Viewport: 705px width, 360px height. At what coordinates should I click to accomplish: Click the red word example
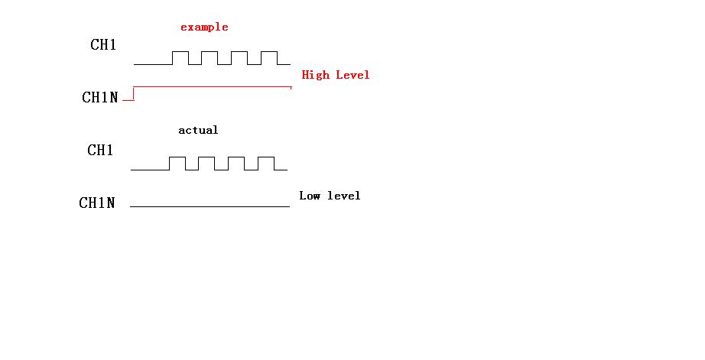(204, 28)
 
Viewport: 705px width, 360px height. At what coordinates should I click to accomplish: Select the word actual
(198, 131)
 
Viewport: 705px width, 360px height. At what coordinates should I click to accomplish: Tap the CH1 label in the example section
(103, 44)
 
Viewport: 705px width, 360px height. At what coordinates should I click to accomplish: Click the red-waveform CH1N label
(100, 97)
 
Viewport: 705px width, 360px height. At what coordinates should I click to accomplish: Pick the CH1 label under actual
(100, 150)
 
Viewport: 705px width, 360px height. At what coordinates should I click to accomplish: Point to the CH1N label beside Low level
(96, 203)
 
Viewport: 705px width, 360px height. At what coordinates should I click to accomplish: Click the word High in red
(315, 76)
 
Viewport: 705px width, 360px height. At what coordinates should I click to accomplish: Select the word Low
(310, 196)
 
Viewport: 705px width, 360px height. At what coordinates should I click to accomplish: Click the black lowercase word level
(344, 196)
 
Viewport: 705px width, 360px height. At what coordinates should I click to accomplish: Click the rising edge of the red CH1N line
(134, 93)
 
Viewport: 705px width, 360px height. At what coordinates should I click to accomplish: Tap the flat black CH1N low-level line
(210, 206)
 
